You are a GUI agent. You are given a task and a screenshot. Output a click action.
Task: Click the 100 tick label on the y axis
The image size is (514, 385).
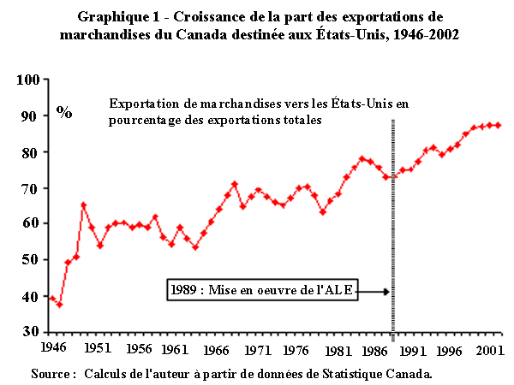coord(27,80)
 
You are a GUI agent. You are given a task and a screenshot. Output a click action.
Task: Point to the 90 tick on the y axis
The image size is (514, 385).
coord(31,116)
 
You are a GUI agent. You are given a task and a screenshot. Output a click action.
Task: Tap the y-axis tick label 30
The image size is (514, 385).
coord(31,332)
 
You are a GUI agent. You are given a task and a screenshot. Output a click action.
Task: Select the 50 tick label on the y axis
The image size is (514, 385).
coord(31,260)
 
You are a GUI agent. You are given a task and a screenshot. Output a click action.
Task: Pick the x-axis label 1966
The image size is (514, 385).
coord(216,351)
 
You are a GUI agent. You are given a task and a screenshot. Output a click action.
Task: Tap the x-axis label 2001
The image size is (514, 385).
coord(489,351)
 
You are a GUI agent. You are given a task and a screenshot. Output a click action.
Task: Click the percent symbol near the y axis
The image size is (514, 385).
coord(64,111)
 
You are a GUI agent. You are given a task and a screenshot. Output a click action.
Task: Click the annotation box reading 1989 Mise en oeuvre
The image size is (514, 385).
coord(261,291)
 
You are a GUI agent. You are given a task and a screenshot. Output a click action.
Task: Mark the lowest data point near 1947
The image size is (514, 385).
coord(60,305)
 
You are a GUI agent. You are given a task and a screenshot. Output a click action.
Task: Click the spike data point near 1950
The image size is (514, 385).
coord(84,204)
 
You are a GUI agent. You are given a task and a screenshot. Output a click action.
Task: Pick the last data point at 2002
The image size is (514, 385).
coord(499,125)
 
